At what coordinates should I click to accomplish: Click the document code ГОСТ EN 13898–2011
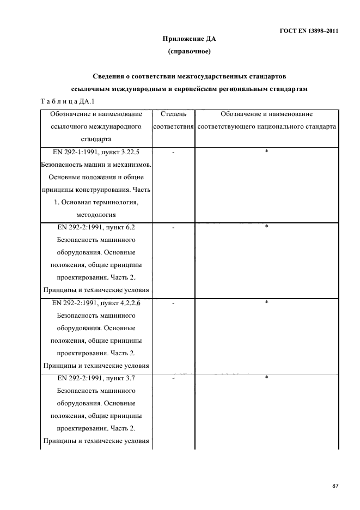(x=305, y=31)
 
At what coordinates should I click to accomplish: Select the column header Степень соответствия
(x=173, y=120)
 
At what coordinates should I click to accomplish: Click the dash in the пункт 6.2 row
(x=173, y=228)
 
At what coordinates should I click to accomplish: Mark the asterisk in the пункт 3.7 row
(x=266, y=378)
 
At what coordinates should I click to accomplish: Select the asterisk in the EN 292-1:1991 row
(x=266, y=151)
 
